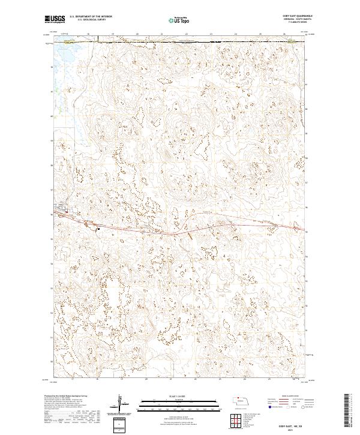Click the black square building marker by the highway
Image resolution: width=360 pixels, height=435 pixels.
(x=97, y=227)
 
